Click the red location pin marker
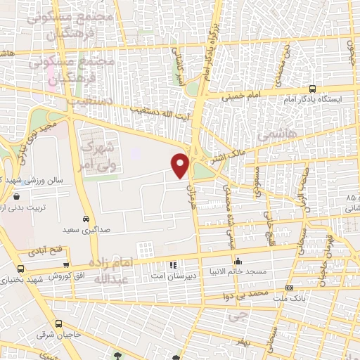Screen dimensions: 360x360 pos(181,165)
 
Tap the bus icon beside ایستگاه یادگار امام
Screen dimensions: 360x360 pos(311,89)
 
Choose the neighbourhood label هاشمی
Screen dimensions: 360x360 pos(277,132)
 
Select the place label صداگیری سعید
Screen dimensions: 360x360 pos(86,229)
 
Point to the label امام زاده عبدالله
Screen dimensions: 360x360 pos(112,270)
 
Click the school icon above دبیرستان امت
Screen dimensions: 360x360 pos(173,265)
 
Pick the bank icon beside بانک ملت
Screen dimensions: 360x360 pos(290,289)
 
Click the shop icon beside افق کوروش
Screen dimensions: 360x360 pos(65,266)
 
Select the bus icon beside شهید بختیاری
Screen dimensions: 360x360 pos(20,269)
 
